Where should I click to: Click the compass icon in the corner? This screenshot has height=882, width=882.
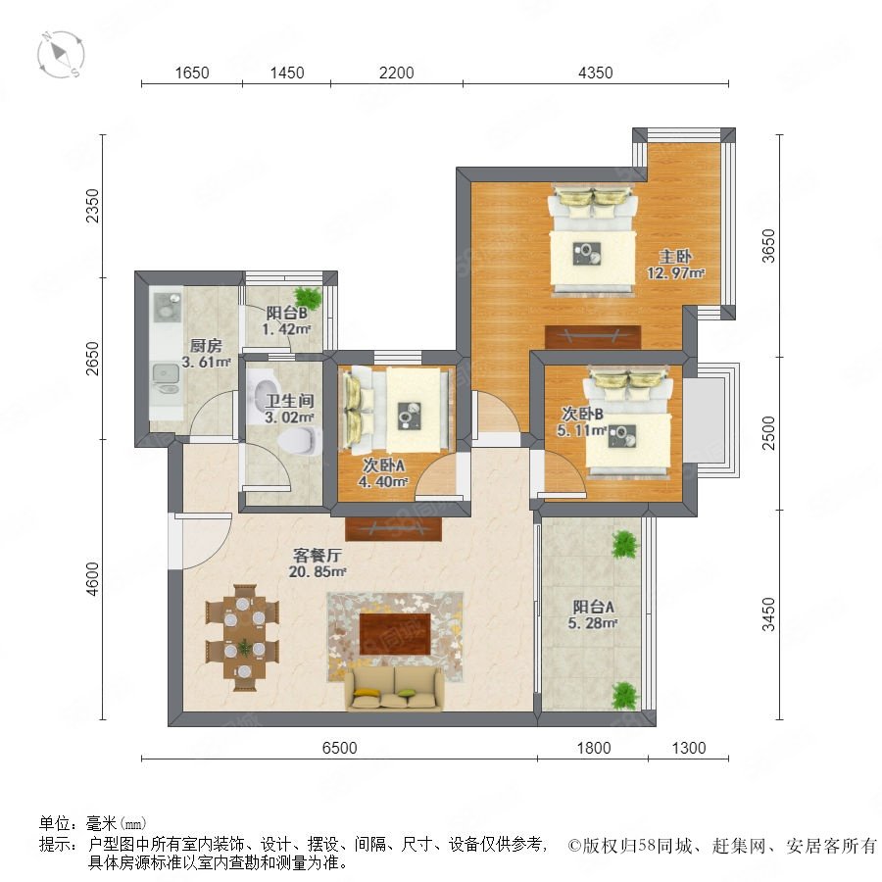[x=61, y=55]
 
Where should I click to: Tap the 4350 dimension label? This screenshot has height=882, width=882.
[x=595, y=73]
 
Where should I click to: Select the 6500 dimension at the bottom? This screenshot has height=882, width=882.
[x=339, y=748]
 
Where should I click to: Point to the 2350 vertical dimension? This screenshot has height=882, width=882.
[x=92, y=206]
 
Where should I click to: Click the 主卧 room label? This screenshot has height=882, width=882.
[x=675, y=257]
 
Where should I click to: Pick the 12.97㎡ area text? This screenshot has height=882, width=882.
[x=675, y=273]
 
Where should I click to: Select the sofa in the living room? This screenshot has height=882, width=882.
[x=394, y=689]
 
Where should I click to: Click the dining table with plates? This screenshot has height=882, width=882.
[x=243, y=638]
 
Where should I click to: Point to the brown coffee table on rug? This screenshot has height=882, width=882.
[x=395, y=634]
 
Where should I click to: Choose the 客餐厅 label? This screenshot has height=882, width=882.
[x=318, y=556]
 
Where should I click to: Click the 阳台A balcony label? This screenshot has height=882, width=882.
[x=594, y=607]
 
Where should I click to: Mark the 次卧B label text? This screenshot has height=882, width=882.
[x=582, y=414]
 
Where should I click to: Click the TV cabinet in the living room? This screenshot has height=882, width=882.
[x=393, y=529]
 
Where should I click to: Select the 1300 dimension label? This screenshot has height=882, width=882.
[x=689, y=748]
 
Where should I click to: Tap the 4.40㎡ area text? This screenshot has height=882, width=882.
[x=382, y=482]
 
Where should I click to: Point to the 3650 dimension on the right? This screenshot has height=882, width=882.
[x=768, y=246]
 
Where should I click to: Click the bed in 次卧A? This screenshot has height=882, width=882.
[x=397, y=410]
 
